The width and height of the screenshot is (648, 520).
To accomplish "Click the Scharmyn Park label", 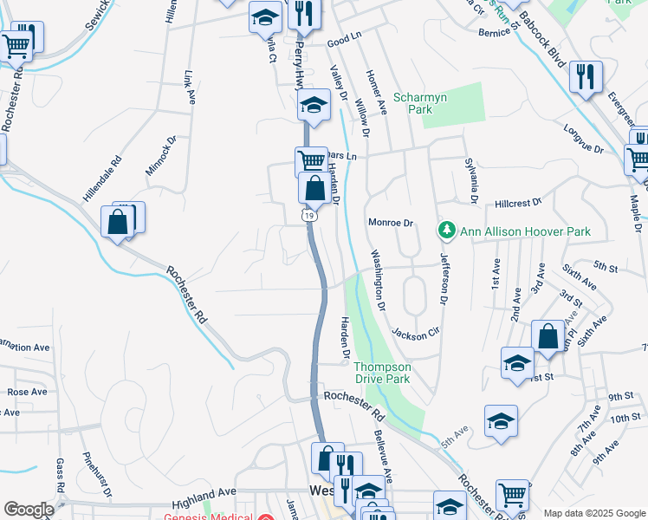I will click(420, 104).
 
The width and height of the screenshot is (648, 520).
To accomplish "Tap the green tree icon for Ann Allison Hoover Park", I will click(446, 231).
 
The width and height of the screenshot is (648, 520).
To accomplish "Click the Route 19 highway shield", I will click(308, 215).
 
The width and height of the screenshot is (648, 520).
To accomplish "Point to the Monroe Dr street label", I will click(391, 223).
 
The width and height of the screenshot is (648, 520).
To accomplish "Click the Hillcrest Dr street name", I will click(518, 202).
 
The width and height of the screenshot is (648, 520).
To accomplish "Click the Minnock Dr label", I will click(159, 155).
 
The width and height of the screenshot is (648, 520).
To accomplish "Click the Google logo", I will click(29, 510).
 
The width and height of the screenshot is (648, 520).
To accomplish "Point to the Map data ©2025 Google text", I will click(593, 513).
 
